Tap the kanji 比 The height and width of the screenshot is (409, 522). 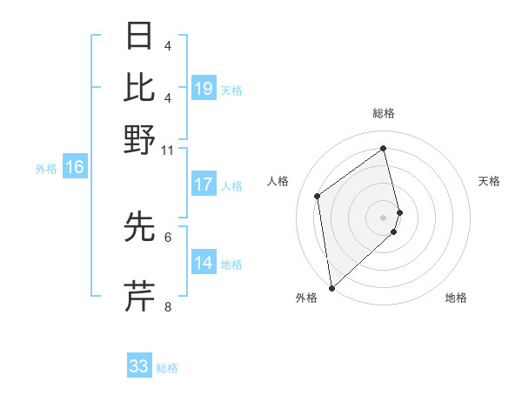coord(140,87)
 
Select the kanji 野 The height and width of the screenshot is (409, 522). coord(140,139)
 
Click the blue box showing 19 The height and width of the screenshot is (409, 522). coord(204,89)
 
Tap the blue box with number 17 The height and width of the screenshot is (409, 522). coord(204,184)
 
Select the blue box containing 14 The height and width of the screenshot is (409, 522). coord(204,263)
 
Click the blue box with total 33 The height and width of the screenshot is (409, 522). coord(139,366)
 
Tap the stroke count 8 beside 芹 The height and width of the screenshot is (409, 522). coord(168,306)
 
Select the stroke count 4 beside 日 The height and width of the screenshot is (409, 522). coord(168,45)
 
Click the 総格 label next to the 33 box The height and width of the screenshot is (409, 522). coord(167,368)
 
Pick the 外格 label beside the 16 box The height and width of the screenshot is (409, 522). coord(46,169)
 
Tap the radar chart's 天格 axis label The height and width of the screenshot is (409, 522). coord(490,181)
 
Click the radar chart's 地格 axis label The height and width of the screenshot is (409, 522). coord(456,298)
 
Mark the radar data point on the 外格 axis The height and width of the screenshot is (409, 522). coord(331,287)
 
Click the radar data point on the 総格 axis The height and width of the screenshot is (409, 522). coord(384,148)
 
